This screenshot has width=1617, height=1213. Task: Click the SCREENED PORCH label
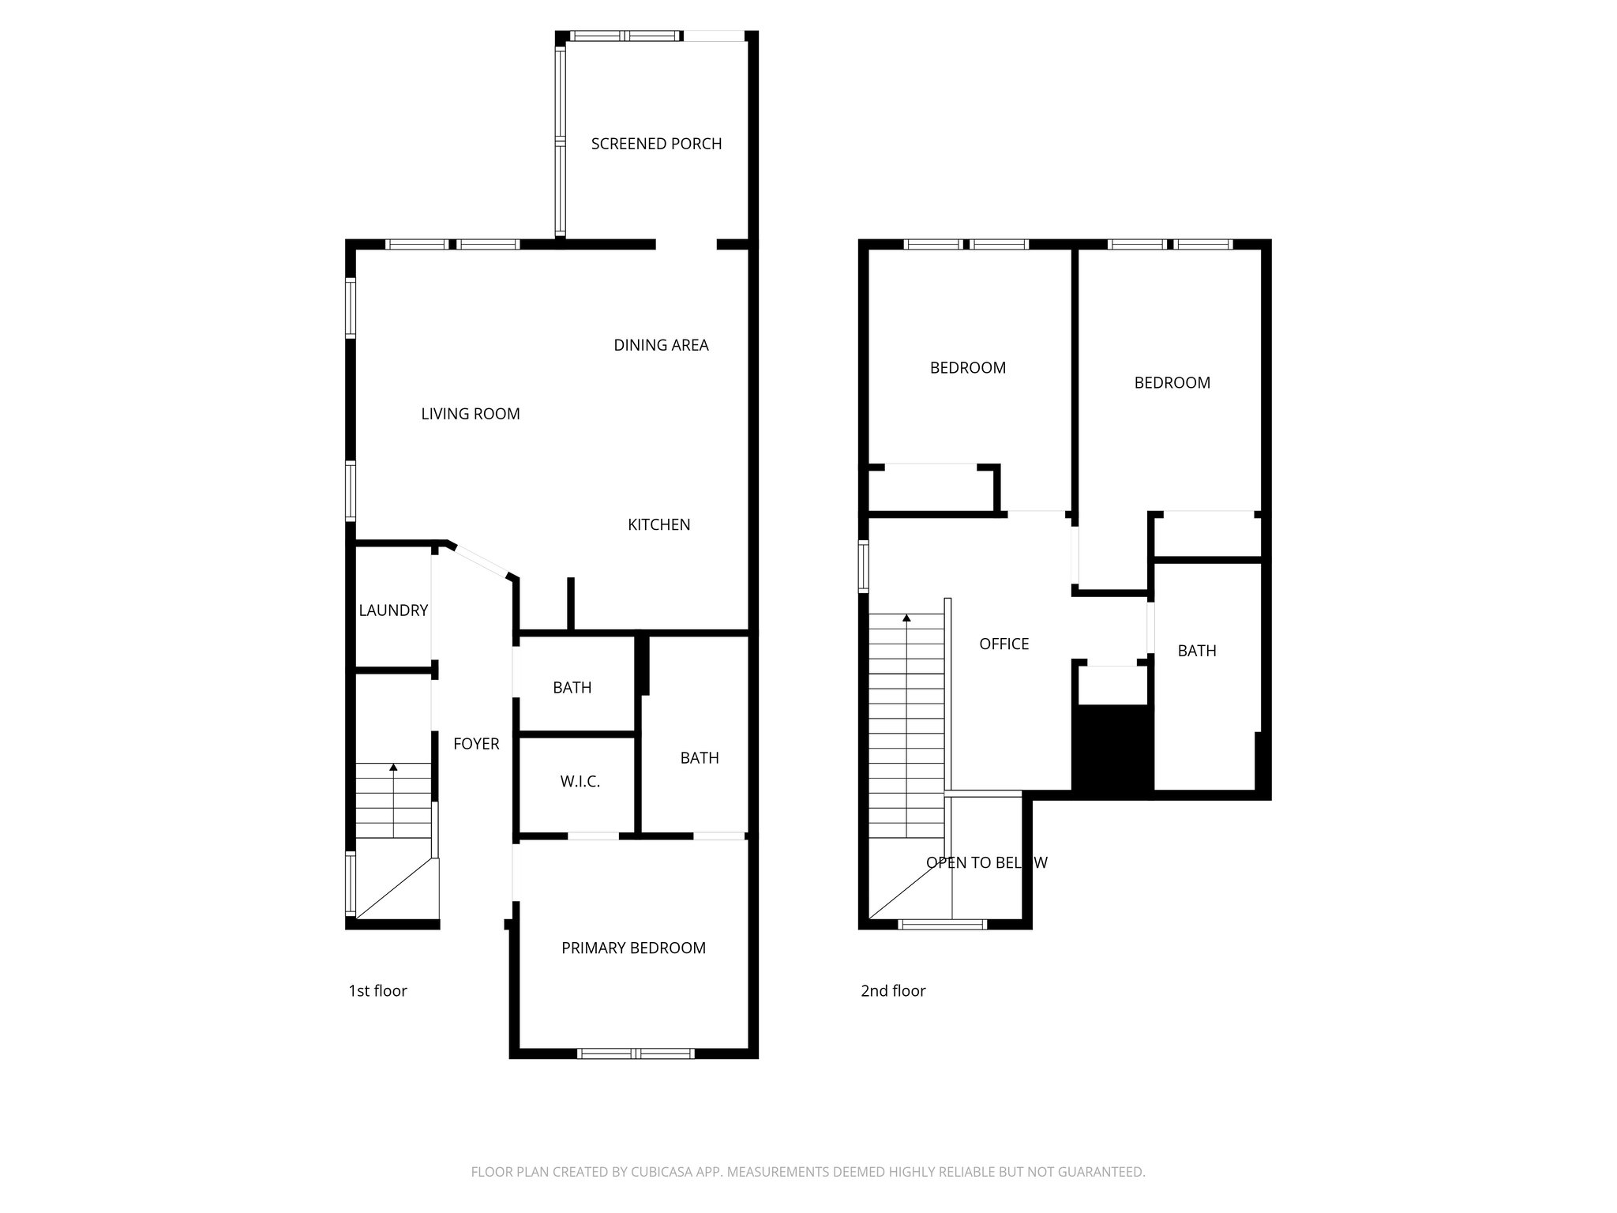pyautogui.click(x=656, y=144)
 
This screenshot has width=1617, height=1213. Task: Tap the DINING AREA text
pyautogui.click(x=661, y=345)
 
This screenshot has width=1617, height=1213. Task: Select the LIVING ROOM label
pyautogui.click(x=471, y=414)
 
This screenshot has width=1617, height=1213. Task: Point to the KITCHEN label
pyautogui.click(x=658, y=525)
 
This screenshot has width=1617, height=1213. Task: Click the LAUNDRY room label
pyautogui.click(x=393, y=610)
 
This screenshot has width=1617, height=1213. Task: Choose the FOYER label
pyautogui.click(x=476, y=744)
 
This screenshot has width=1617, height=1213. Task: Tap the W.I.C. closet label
pyautogui.click(x=580, y=782)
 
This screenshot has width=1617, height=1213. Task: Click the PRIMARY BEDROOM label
pyautogui.click(x=633, y=948)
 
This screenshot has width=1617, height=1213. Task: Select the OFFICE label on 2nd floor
pyautogui.click(x=1004, y=644)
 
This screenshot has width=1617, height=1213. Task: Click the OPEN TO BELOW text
pyautogui.click(x=986, y=863)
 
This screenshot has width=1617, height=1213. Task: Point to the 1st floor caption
pyautogui.click(x=377, y=991)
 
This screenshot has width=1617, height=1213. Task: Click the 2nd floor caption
pyautogui.click(x=893, y=991)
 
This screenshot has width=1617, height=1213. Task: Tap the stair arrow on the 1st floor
pyautogui.click(x=393, y=767)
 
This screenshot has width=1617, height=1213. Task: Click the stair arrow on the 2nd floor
pyautogui.click(x=906, y=618)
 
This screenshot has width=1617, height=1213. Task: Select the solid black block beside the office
pyautogui.click(x=1112, y=750)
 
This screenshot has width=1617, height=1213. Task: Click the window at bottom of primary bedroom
pyautogui.click(x=636, y=1053)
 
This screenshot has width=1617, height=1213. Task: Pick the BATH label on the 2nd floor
pyautogui.click(x=1196, y=652)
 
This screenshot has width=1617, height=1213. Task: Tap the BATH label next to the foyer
pyautogui.click(x=572, y=688)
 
